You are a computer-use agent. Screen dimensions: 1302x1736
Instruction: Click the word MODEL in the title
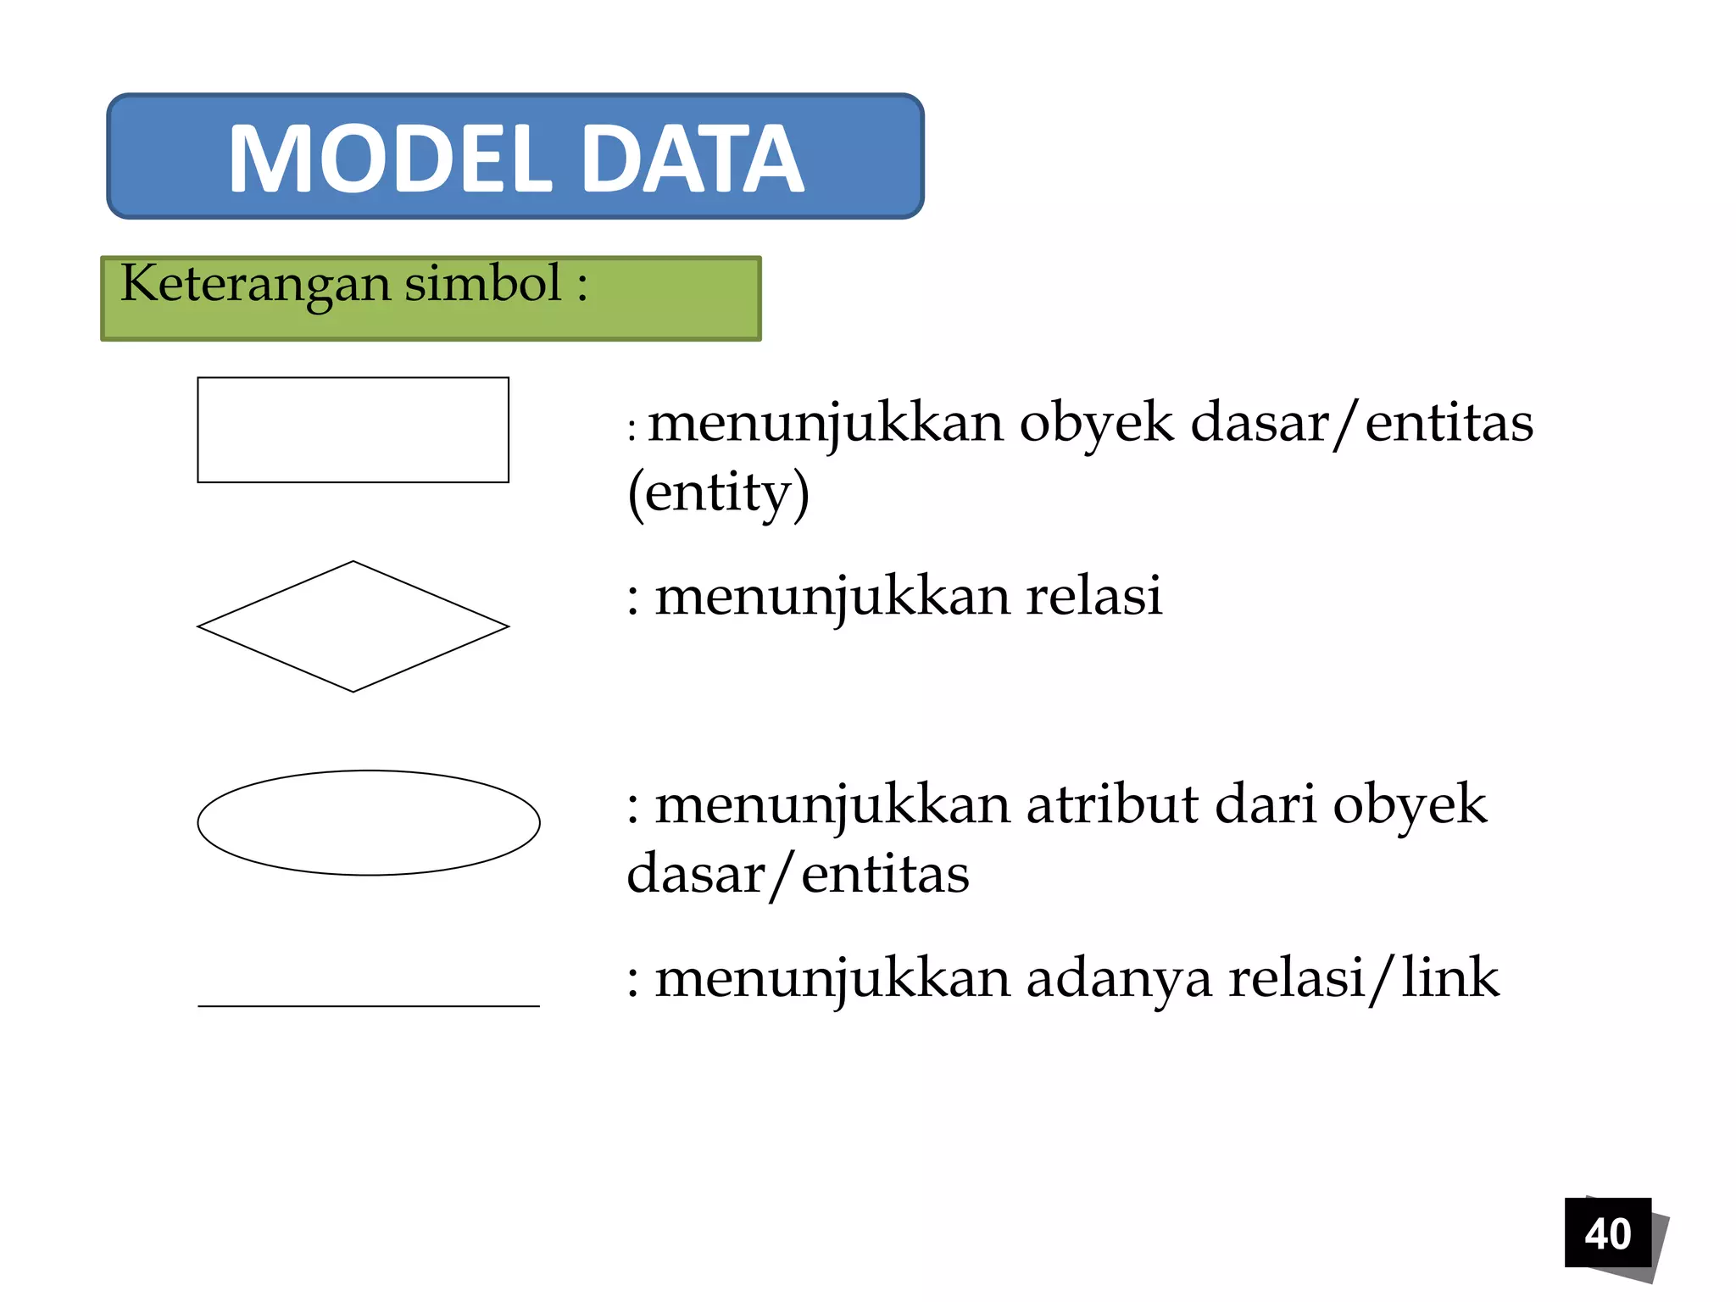390,159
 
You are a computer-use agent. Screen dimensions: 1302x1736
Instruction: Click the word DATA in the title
693,159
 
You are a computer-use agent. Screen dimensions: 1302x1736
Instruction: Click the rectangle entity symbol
353,430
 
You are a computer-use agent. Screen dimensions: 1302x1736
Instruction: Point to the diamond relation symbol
353,626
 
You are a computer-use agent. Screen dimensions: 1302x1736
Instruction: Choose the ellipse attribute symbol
369,822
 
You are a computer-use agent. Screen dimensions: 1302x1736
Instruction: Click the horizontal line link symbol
369,1005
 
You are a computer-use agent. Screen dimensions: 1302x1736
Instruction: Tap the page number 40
1607,1233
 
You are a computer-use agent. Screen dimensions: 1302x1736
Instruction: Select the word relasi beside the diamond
1093,595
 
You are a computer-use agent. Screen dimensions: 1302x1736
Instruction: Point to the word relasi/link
1363,977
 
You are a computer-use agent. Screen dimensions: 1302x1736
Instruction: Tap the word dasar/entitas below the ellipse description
798,874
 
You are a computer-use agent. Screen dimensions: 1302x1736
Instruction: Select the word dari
1266,804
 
